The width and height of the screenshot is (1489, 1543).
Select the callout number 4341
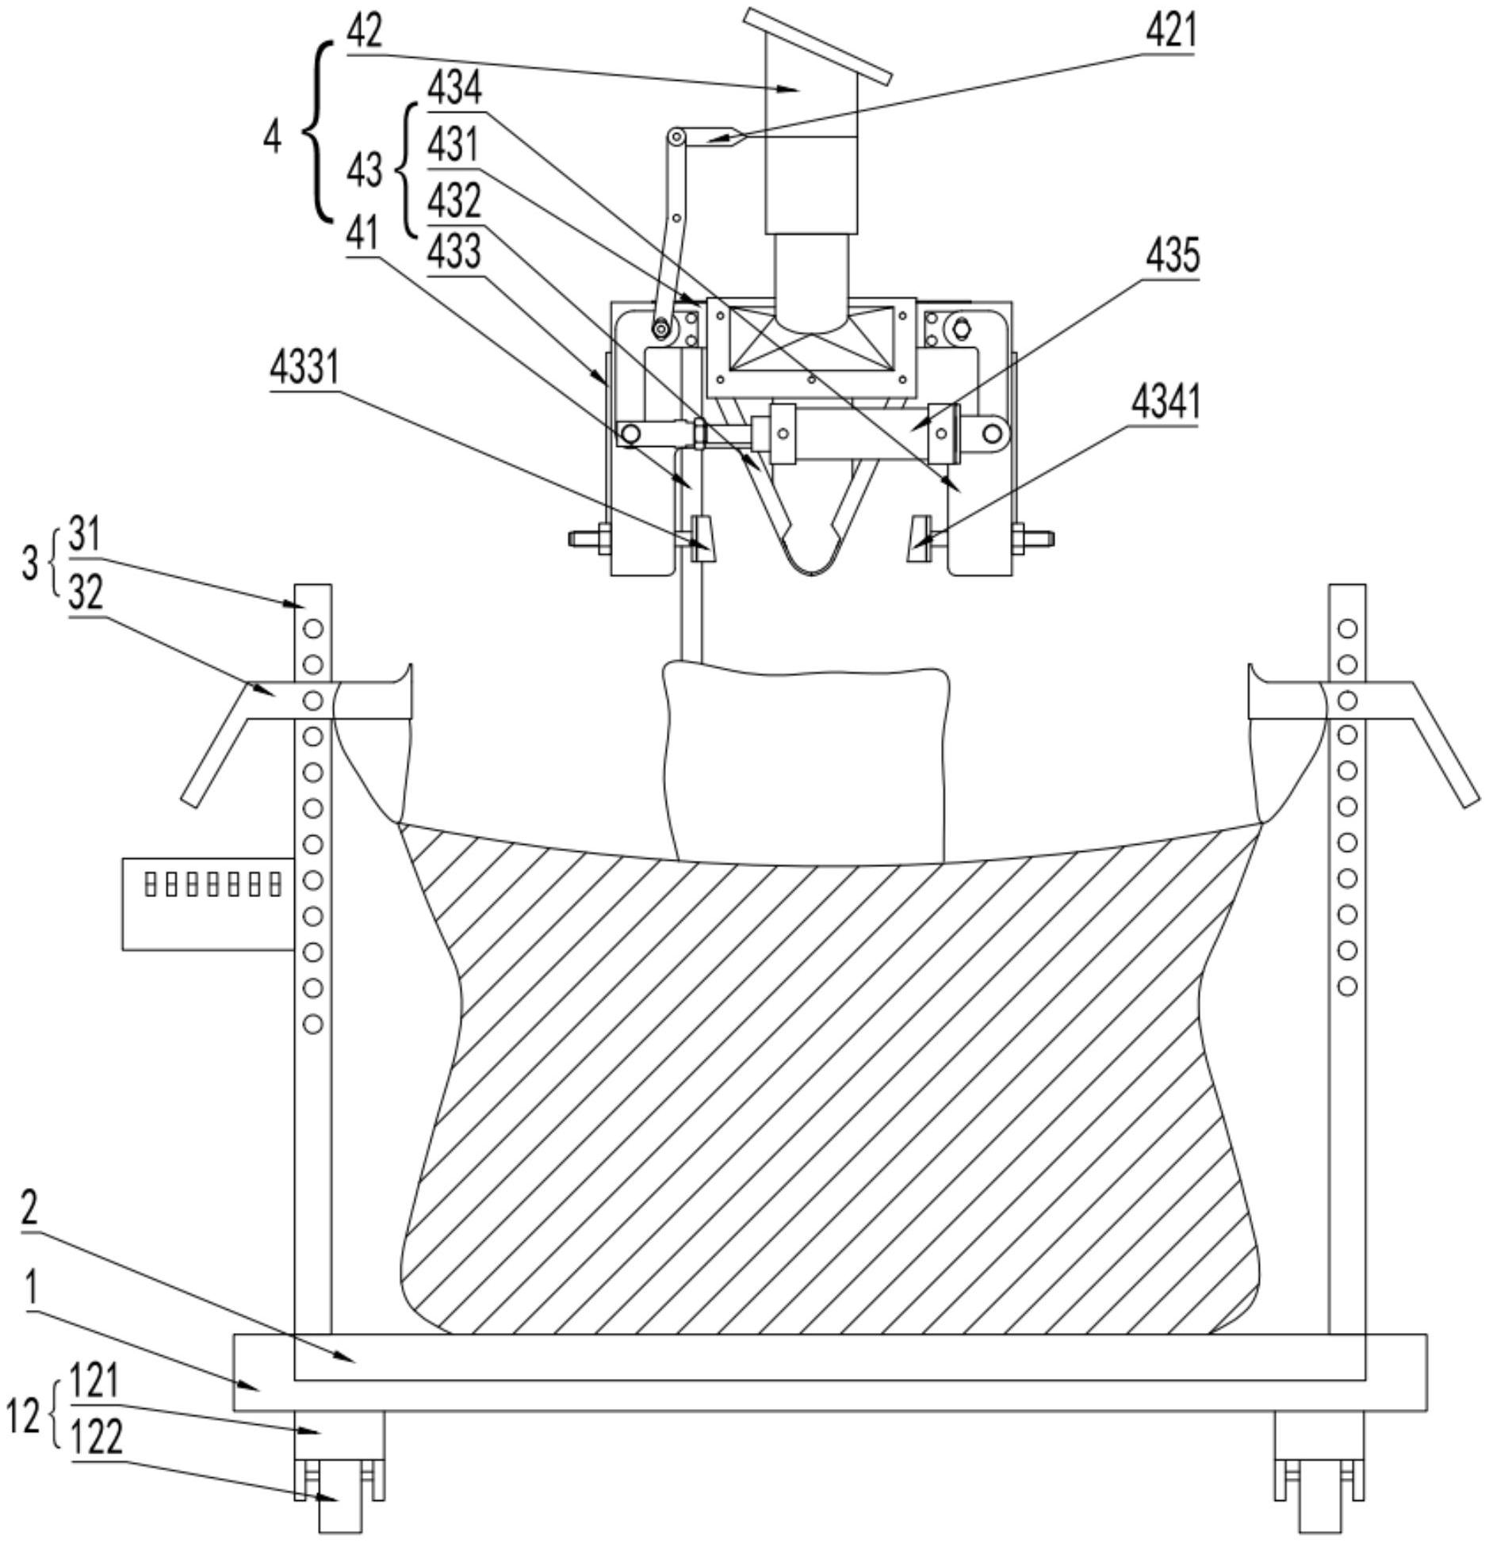coord(1165,403)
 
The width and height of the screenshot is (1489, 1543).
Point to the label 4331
coord(304,367)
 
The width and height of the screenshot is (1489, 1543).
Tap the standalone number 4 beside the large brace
coord(272,139)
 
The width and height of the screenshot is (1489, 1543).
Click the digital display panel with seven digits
coord(209,903)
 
